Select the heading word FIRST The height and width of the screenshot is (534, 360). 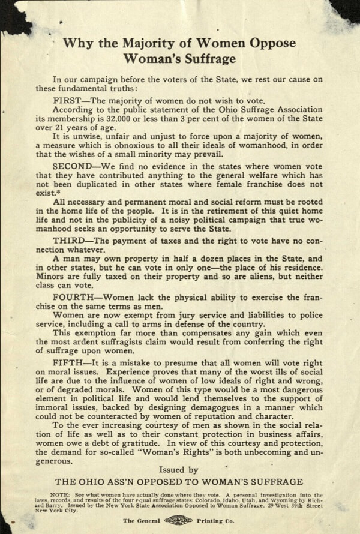coord(67,101)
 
